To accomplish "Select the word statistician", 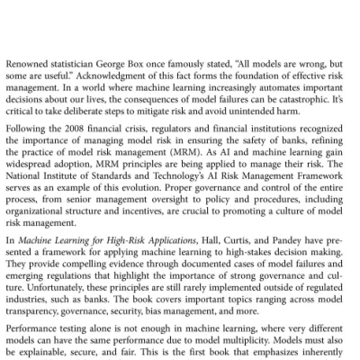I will [80, 65].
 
